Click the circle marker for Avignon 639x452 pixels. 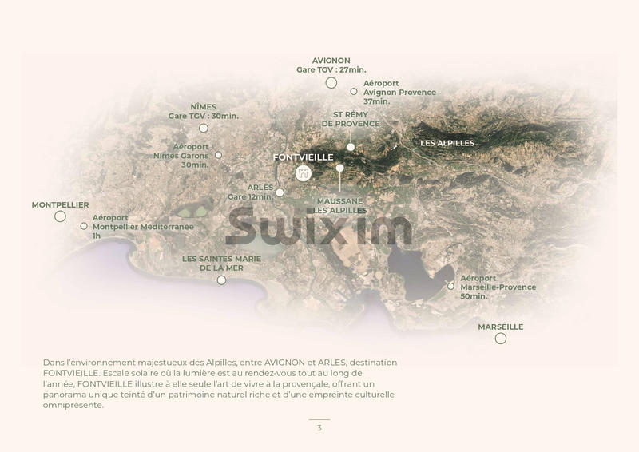pyautogui.click(x=331, y=82)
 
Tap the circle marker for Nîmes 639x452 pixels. pyautogui.click(x=203, y=128)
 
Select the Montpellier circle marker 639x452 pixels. pyautogui.click(x=60, y=216)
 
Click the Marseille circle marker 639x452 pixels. pyautogui.click(x=500, y=339)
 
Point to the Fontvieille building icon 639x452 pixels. pyautogui.click(x=303, y=173)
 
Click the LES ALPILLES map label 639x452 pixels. pyautogui.click(x=447, y=143)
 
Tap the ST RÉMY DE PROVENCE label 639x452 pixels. pyautogui.click(x=351, y=119)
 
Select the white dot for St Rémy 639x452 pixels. pyautogui.click(x=350, y=147)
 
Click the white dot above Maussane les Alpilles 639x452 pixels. pyautogui.click(x=339, y=169)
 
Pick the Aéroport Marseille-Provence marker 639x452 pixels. pyautogui.click(x=450, y=286)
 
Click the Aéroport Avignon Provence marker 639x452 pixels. pyautogui.click(x=354, y=92)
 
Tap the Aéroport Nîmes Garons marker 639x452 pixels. pyautogui.click(x=219, y=155)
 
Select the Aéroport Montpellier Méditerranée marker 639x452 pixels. pyautogui.click(x=84, y=226)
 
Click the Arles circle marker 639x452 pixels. pyautogui.click(x=280, y=192)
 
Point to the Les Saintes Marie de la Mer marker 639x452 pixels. pyautogui.click(x=221, y=280)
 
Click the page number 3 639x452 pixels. pyautogui.click(x=319, y=428)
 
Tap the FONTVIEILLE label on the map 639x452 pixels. pyautogui.click(x=303, y=157)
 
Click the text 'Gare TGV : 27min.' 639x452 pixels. pyautogui.click(x=331, y=70)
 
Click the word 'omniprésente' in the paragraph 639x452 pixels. pyautogui.click(x=73, y=405)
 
